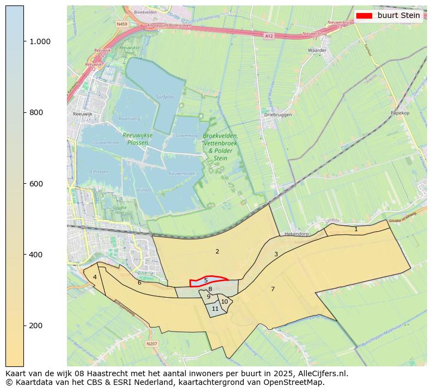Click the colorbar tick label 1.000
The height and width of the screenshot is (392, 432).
pos(39,41)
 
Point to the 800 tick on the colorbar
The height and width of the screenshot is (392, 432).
pos(36,112)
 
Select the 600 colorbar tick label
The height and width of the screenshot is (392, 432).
pos(36,184)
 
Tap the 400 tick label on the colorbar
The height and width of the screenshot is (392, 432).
pos(36,255)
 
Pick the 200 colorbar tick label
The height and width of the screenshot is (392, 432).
pos(36,325)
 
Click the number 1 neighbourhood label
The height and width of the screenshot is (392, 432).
pos(356,230)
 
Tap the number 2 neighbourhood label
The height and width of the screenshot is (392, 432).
pos(217,251)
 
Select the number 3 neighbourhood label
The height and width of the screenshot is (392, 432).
pos(276,254)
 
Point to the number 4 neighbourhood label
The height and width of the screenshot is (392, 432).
pos(95,277)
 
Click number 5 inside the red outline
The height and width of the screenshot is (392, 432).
pos(206,280)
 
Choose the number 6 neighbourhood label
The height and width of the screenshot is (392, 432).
pos(139,282)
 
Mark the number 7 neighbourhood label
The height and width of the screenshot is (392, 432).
pos(273,289)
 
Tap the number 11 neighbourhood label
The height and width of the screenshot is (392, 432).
pos(215,309)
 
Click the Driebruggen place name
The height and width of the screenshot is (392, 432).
pos(278,115)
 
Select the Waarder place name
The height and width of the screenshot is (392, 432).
pos(317,50)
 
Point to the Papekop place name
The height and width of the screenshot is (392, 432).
pos(399,113)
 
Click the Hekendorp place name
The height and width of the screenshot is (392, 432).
pos(297,234)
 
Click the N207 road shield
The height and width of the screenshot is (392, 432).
pos(152,343)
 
